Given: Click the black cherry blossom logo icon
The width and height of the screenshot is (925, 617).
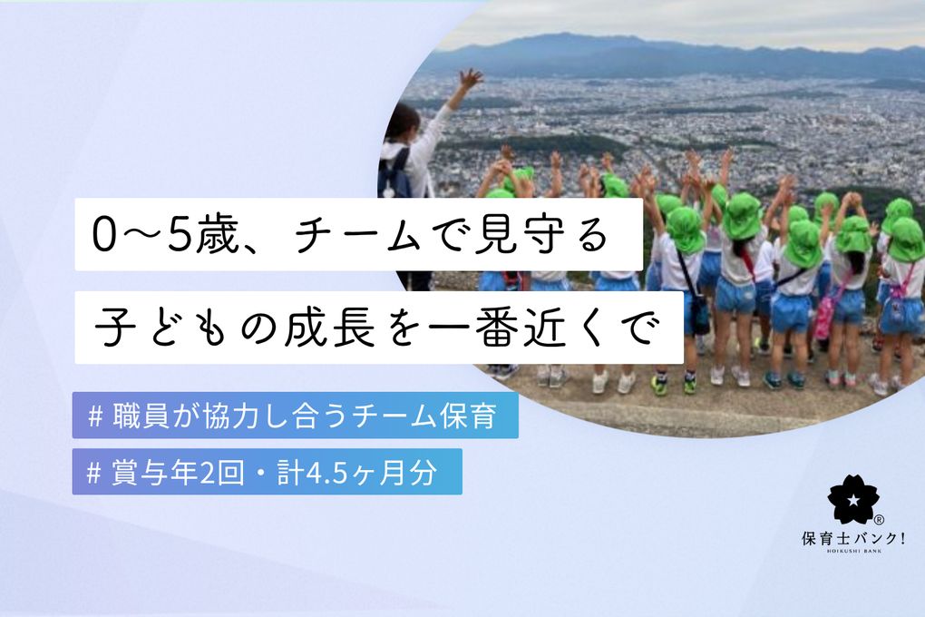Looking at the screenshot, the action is pyautogui.click(x=852, y=499).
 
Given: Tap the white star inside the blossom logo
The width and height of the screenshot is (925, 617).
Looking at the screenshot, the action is pyautogui.click(x=852, y=501).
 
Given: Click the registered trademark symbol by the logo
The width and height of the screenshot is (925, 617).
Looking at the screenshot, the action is pyautogui.click(x=878, y=520).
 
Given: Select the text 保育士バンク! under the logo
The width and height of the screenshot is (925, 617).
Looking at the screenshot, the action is pyautogui.click(x=853, y=538).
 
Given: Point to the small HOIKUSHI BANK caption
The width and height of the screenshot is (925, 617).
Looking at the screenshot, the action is pyautogui.click(x=853, y=552).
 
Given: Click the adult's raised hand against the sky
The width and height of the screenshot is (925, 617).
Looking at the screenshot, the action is pyautogui.click(x=470, y=80).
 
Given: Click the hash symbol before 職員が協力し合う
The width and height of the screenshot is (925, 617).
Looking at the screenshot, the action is pyautogui.click(x=95, y=416).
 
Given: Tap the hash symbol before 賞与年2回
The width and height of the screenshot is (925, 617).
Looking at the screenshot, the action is pyautogui.click(x=93, y=473).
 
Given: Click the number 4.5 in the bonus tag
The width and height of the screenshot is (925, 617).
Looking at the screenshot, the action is pyautogui.click(x=323, y=473).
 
